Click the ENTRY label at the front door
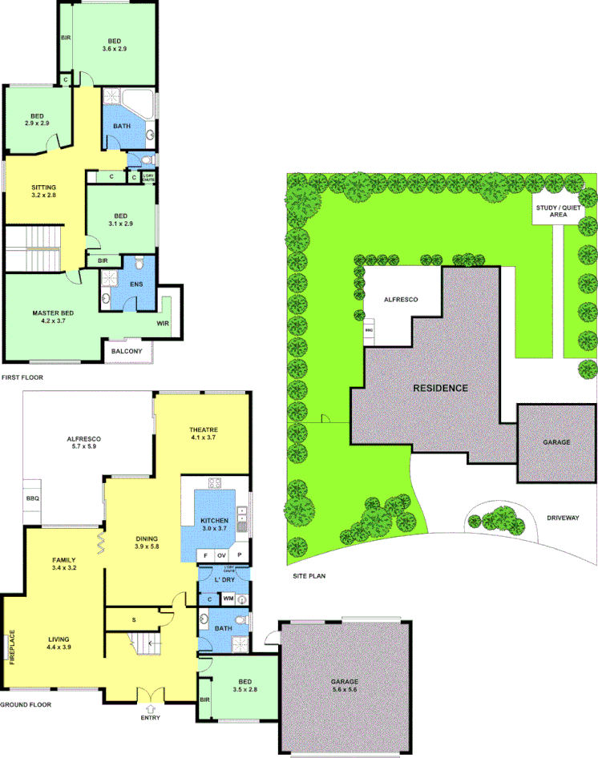[150, 717]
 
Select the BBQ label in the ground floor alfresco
[34, 498]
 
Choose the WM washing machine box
[227, 598]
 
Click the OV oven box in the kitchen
[222, 554]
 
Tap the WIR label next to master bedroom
[163, 323]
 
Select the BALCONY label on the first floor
[127, 351]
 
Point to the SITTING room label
[44, 186]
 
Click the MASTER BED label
[53, 312]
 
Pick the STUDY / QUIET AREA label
[552, 211]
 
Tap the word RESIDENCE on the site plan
[440, 388]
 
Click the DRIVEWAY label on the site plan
[563, 518]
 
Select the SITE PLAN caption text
[309, 575]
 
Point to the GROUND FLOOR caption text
[26, 705]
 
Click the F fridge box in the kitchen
[205, 554]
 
